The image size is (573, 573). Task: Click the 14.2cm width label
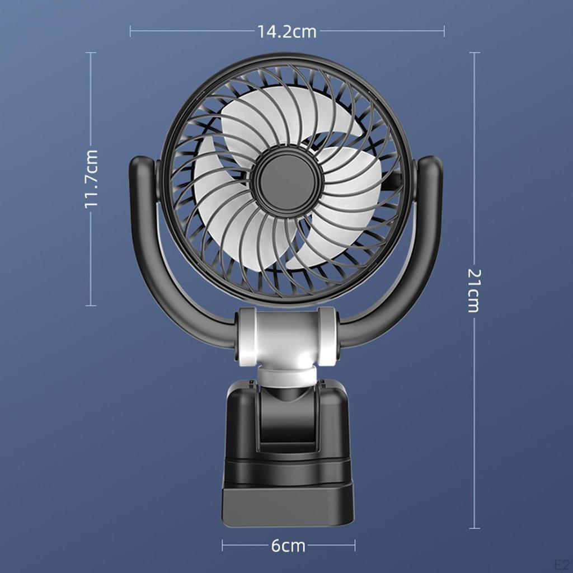tap(287, 32)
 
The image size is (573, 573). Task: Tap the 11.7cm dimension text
tap(92, 179)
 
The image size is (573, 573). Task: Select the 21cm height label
tap(474, 290)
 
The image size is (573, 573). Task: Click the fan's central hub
tap(287, 181)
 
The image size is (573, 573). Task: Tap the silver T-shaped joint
tap(287, 336)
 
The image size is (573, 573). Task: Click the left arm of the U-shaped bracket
tap(147, 252)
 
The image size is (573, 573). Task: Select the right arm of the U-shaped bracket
tap(426, 252)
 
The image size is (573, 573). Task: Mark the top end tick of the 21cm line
tap(475, 53)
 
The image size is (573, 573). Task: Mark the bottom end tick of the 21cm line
tap(475, 528)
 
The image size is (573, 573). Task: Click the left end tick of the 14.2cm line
tap(130, 31)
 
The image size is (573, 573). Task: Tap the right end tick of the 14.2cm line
tap(444, 31)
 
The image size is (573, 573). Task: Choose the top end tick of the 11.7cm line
tap(91, 53)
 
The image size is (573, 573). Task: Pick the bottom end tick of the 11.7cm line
tap(91, 305)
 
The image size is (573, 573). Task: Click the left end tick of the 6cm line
tap(223, 545)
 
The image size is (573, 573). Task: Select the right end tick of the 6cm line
tap(354, 545)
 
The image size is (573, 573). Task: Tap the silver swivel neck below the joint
tap(287, 377)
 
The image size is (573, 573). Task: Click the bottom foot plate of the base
tap(288, 506)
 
